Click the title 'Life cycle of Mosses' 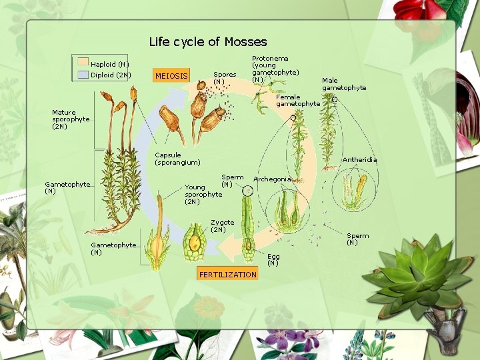tap(207, 42)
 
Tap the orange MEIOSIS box tap(171, 75)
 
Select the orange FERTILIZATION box tap(227, 275)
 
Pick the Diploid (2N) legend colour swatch tap(83, 75)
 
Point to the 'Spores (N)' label tap(224, 78)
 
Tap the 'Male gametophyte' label tap(344, 84)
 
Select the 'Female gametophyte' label tap(297, 100)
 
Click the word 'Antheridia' tap(359, 160)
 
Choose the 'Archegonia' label tap(272, 179)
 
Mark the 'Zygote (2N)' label tap(222, 226)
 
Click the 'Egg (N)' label tap(273, 259)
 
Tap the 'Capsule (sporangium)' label tap(177, 159)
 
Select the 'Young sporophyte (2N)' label tap(203, 194)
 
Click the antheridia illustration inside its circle tap(355, 190)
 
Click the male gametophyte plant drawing tap(328, 133)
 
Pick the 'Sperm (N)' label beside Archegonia tap(232, 181)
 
